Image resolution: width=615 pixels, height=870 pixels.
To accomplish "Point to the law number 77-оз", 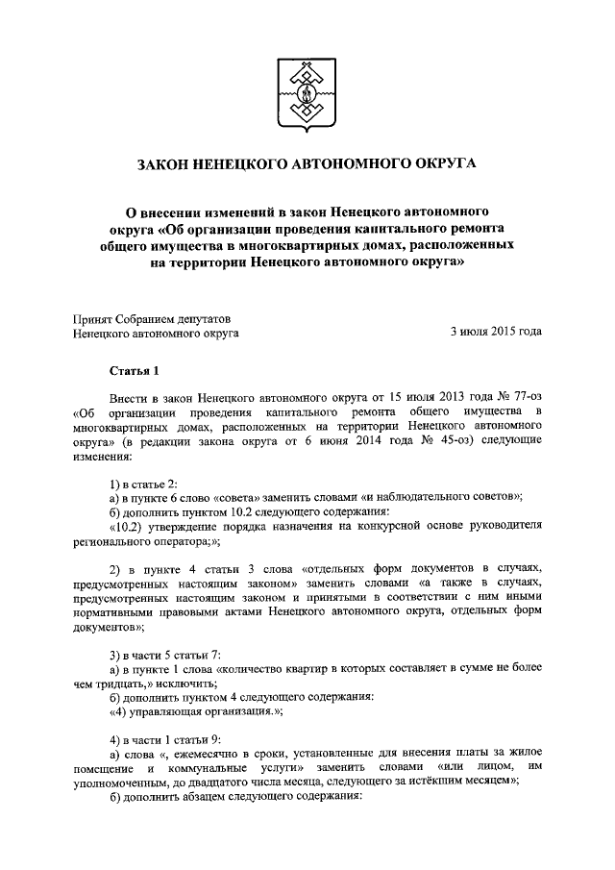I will click(518, 396).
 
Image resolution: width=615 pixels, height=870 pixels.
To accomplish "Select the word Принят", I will click(94, 317).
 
